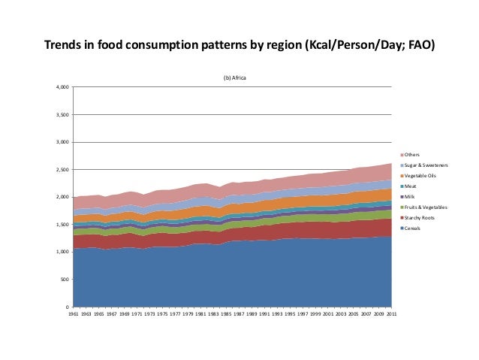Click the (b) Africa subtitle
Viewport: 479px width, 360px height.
233,77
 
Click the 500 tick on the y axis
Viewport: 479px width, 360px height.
64,280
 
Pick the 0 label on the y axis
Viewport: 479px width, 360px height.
67,307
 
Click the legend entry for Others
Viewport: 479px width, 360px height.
413,153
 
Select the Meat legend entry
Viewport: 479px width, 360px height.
411,185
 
